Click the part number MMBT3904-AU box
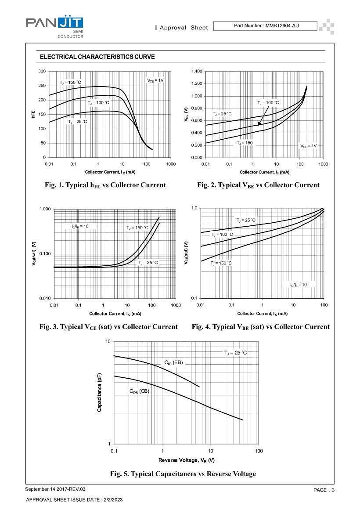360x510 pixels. (265, 25)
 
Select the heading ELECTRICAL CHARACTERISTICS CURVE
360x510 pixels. (97, 57)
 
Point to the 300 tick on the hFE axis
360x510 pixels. (42, 71)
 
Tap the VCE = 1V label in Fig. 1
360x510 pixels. (155, 80)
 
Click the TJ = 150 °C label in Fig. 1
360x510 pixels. (71, 83)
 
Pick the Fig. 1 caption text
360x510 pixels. (105, 185)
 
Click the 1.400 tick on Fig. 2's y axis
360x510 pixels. (197, 71)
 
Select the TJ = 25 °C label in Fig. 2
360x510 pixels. (222, 114)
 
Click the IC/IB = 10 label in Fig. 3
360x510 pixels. (80, 226)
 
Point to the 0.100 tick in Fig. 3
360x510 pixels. (45, 254)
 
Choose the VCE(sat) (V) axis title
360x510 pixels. (34, 254)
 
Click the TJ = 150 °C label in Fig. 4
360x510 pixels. (221, 263)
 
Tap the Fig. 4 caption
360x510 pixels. (260, 327)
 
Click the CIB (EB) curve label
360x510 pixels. (174, 363)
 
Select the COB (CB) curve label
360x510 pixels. (140, 391)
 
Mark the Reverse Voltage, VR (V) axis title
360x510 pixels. (187, 460)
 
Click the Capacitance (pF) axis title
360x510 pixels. (100, 393)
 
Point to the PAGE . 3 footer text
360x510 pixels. (324, 490)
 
